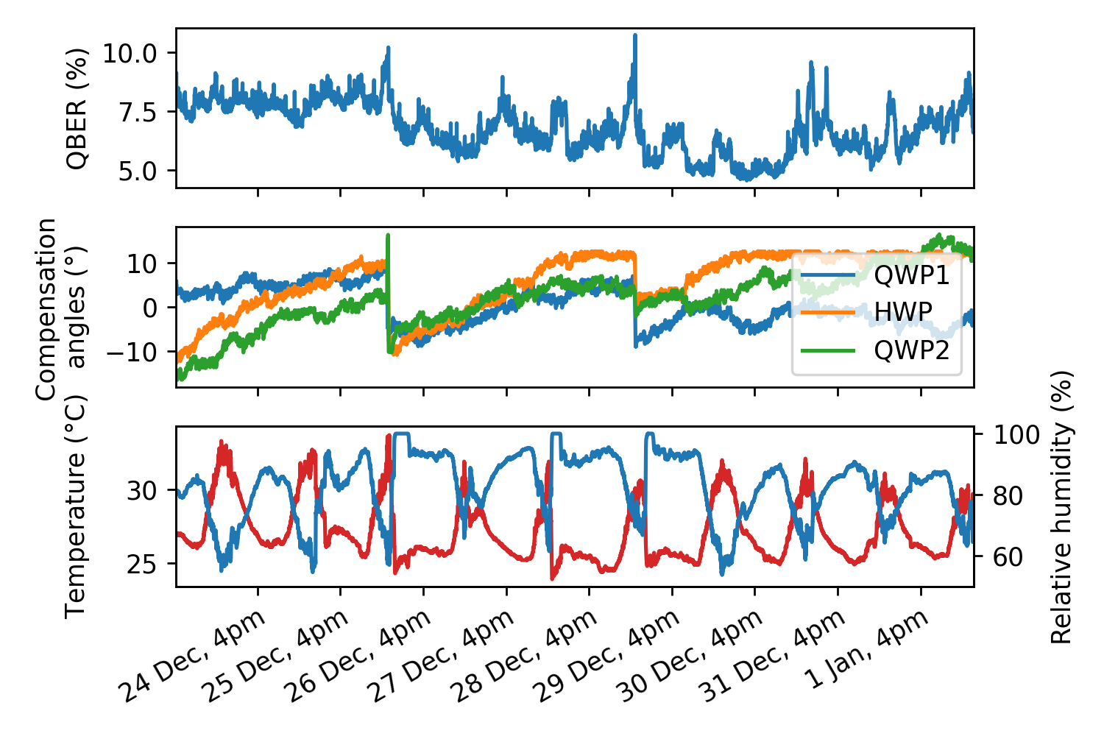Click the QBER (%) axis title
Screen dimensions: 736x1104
pos(77,108)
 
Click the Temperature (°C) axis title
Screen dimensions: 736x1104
pos(76,506)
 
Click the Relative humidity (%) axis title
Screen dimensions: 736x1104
pos(1061,506)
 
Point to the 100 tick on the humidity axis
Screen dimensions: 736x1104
pos(1017,435)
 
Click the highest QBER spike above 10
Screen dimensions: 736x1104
pos(634,35)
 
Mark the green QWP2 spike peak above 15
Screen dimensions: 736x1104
pos(388,236)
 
